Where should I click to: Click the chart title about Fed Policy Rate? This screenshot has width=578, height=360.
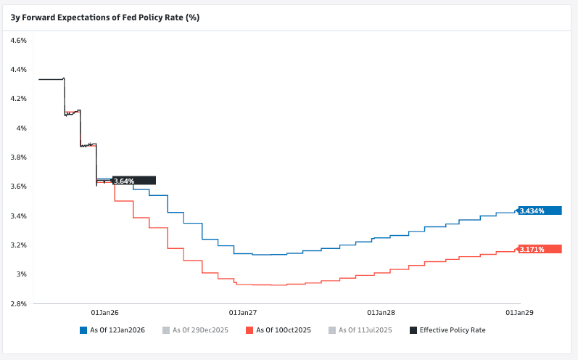click(104, 17)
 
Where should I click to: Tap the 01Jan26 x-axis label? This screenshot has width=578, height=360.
click(104, 312)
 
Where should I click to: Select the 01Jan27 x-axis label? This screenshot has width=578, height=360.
click(243, 312)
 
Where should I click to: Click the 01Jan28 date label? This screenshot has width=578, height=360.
click(381, 312)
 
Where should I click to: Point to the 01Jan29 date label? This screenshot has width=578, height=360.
click(519, 312)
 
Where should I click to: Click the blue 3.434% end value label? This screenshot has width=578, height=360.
click(540, 210)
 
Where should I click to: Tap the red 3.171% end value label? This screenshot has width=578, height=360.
click(540, 249)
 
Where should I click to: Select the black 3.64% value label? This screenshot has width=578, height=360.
click(133, 181)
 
